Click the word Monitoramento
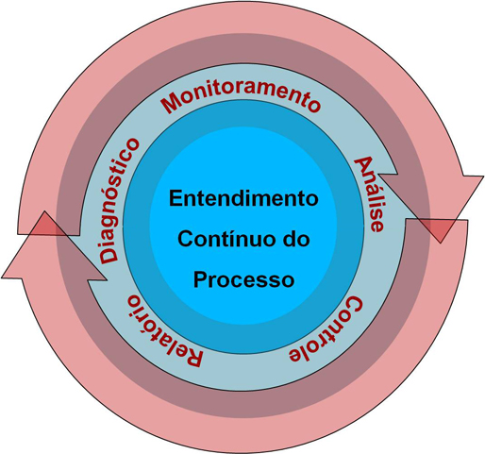tap(241, 97)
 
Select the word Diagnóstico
tap(119, 200)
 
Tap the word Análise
tap(369, 195)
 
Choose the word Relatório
tap(164, 331)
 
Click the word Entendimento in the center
tap(243, 198)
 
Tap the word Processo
tap(243, 279)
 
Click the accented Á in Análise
tap(362, 166)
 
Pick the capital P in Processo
tap(200, 278)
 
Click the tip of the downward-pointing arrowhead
tap(441, 243)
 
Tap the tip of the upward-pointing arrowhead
tap(45, 211)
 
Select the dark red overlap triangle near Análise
tap(441, 228)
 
